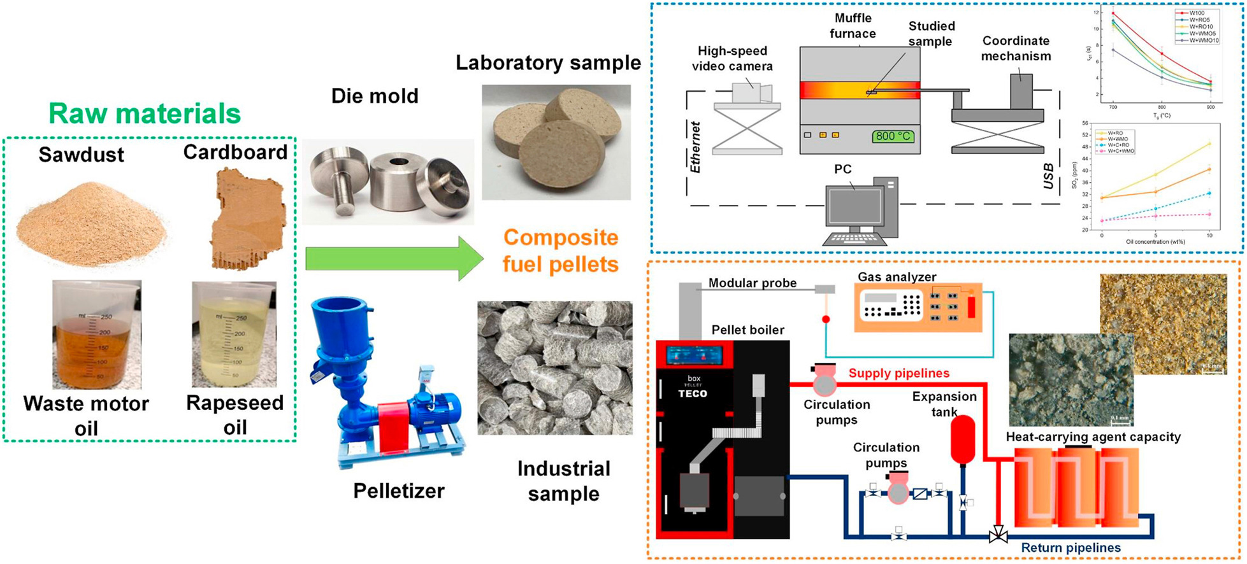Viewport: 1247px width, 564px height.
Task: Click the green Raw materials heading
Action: click(145, 114)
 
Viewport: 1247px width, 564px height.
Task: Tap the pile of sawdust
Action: click(91, 223)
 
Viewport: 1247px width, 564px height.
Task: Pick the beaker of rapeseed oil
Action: click(234, 334)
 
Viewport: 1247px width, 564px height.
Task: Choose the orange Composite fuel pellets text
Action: click(561, 250)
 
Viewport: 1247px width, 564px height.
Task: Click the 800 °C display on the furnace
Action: click(893, 136)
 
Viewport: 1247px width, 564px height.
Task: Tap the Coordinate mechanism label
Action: click(1016, 48)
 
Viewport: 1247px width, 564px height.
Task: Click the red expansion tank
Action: click(962, 440)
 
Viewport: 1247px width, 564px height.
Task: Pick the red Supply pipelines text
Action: click(899, 373)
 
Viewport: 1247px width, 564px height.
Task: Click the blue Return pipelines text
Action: click(1070, 547)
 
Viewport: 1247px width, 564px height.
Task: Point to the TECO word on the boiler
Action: click(693, 393)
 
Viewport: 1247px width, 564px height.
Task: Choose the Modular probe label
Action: click(752, 283)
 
